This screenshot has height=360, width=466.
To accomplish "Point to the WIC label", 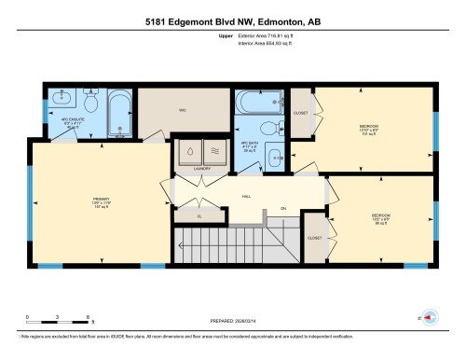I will tap(184, 109).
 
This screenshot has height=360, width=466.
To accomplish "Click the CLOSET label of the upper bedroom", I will tap(301, 113).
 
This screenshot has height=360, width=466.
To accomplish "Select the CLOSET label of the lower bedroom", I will tap(314, 238).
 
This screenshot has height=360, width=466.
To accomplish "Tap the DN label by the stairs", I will tap(282, 207).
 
